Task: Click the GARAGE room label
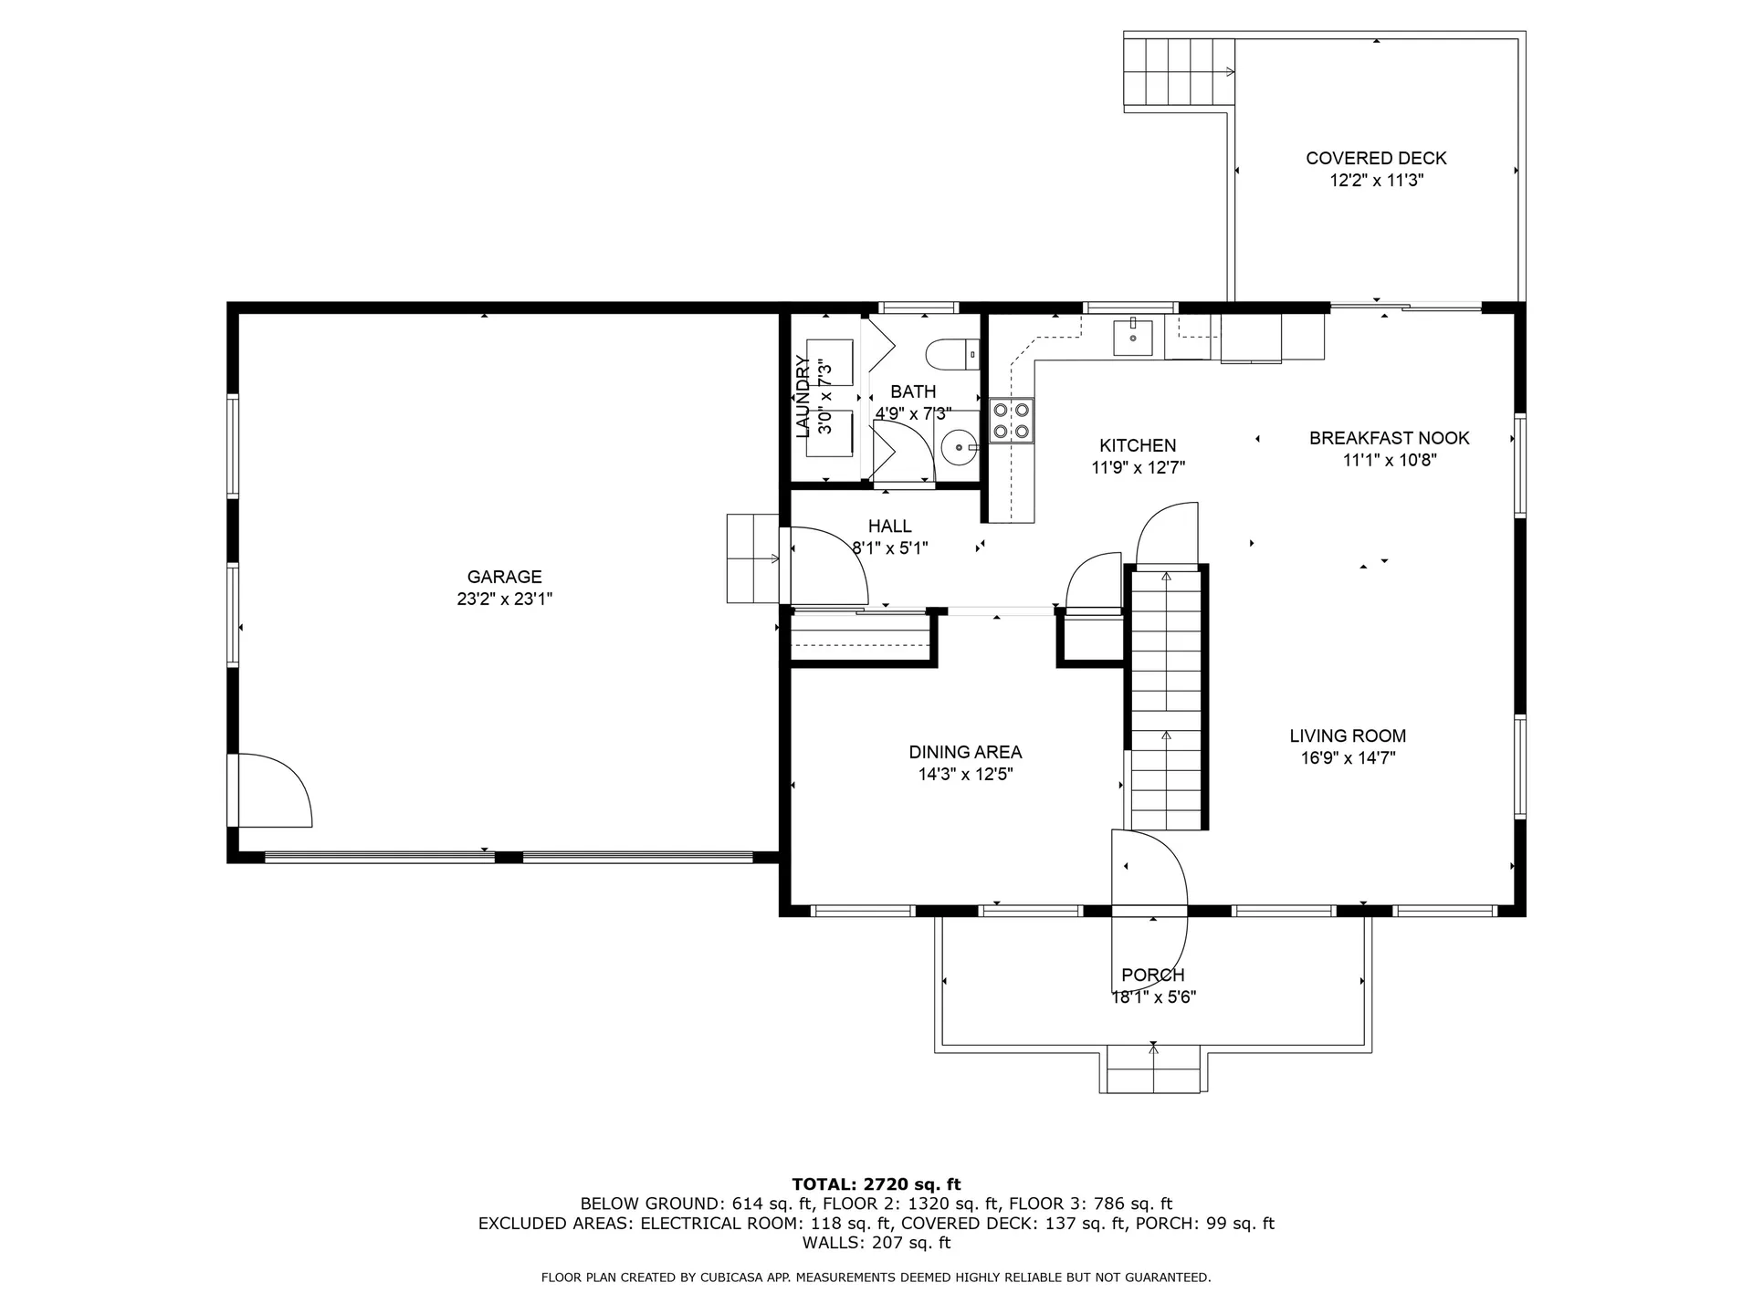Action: pos(504,577)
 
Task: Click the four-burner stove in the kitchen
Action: pos(1012,421)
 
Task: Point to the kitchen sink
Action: pos(1132,338)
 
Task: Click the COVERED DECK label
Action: pos(1376,158)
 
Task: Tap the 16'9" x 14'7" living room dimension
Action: pos(1348,757)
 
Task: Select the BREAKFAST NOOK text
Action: pos(1389,438)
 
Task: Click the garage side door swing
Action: pos(274,791)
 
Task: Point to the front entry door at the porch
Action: pos(1149,871)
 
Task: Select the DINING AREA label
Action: pos(965,752)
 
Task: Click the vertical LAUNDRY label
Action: pos(803,397)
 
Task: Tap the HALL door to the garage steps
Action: pos(826,566)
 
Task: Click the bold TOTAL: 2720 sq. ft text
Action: pos(876,1184)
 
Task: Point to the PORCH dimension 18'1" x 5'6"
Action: pos(1153,997)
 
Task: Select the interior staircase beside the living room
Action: pos(1166,698)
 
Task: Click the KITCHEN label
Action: pos(1138,445)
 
